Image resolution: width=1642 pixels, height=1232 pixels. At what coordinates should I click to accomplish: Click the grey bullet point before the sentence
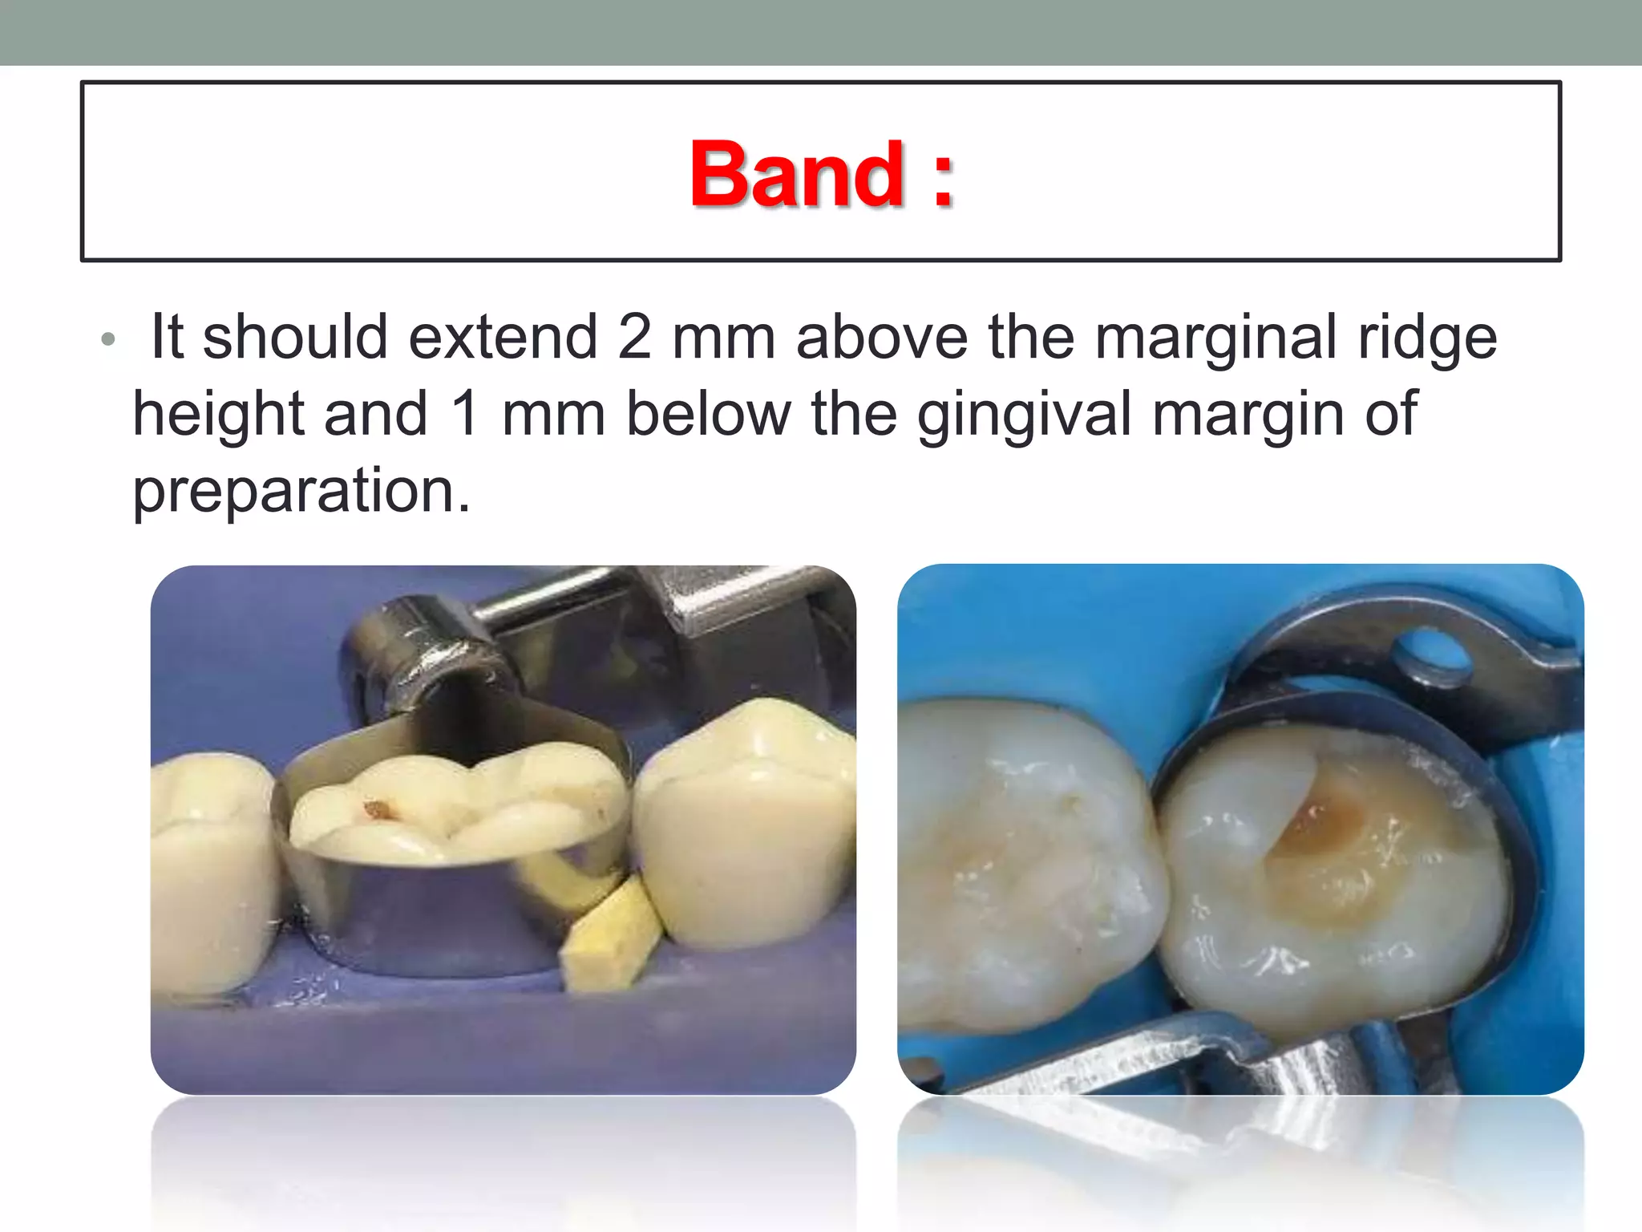(108, 340)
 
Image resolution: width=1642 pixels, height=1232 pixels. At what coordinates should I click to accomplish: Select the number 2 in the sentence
(634, 337)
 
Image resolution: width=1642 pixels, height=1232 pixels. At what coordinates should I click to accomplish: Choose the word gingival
(1024, 415)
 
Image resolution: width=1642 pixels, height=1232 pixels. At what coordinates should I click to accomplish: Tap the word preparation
(301, 491)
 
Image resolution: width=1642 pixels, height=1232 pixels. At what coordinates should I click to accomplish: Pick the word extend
(503, 337)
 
